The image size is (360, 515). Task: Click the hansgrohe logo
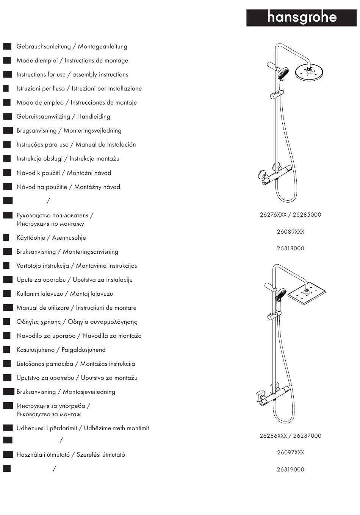[x=302, y=17]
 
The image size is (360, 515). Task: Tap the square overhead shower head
[x=307, y=293]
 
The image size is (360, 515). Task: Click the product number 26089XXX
[x=290, y=232]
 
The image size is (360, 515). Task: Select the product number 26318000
[x=290, y=248]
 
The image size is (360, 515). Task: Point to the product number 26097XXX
[x=290, y=453]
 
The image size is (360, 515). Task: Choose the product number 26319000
[x=290, y=470]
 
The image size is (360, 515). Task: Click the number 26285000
[x=307, y=215]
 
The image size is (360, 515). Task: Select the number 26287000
[x=307, y=436]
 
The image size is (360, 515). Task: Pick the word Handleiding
[x=94, y=117]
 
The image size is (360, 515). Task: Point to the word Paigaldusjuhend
[x=83, y=350]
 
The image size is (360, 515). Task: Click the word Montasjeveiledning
[x=89, y=392]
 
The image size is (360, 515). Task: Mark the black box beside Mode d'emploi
[x=7, y=61]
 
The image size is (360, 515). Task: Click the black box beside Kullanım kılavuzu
[x=7, y=294]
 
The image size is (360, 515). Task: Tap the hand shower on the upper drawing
[x=282, y=73]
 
